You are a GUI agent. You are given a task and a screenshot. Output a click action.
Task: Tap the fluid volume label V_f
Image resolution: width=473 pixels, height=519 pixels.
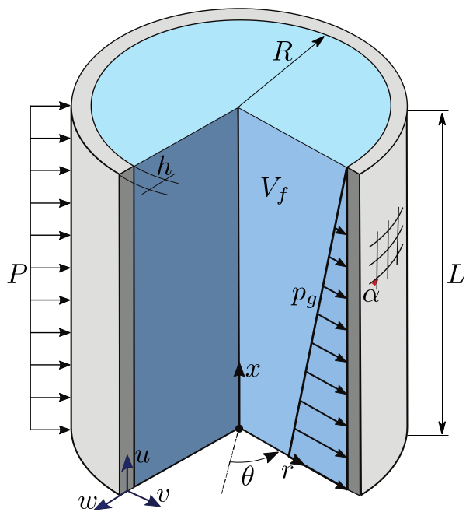(273, 188)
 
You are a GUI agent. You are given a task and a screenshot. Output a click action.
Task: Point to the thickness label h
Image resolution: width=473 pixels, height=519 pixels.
(164, 166)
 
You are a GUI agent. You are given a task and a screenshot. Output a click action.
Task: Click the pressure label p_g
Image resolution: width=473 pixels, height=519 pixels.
(304, 295)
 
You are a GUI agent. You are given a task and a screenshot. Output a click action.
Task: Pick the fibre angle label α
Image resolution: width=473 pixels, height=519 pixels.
(371, 294)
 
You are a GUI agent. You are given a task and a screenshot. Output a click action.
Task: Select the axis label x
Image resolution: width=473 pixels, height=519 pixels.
(252, 370)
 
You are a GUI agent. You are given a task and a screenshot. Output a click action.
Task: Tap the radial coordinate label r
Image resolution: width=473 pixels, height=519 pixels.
(286, 470)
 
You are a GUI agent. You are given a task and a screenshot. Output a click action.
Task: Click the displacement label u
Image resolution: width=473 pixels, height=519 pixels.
(142, 456)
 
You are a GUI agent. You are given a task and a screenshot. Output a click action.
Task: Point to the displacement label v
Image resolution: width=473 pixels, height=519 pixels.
(164, 493)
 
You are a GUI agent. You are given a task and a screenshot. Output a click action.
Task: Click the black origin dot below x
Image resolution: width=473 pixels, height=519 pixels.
(239, 428)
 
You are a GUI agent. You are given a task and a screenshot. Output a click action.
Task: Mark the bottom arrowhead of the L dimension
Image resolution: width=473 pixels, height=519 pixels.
(443, 427)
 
